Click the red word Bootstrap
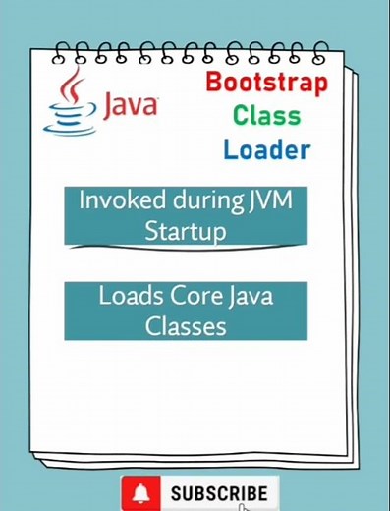point(265,83)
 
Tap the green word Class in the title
point(266,116)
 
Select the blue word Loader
point(266,149)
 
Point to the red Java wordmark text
point(130,105)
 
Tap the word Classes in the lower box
point(186,325)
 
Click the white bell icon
point(143,492)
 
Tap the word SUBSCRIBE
point(218,493)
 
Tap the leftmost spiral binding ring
point(61,50)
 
